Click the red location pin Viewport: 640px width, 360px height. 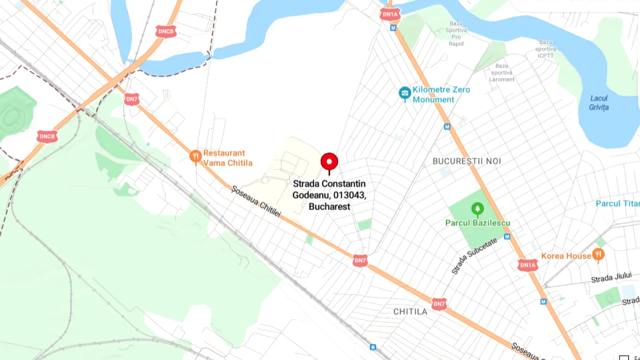(x=329, y=162)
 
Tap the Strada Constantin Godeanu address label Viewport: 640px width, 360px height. (x=329, y=195)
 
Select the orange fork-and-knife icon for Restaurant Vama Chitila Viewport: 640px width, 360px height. (x=195, y=157)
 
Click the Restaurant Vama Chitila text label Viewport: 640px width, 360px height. (x=227, y=158)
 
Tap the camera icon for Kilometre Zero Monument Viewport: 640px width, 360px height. (x=404, y=93)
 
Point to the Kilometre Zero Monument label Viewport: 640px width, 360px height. (x=441, y=94)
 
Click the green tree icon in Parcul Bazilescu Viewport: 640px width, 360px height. (x=477, y=208)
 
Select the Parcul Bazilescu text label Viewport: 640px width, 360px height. (x=477, y=223)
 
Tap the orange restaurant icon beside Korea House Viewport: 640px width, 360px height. (x=598, y=255)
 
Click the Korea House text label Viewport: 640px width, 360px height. (x=566, y=256)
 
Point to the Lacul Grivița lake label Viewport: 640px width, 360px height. (x=598, y=102)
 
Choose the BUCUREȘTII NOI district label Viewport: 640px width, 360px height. (x=466, y=161)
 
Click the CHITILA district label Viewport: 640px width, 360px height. (x=410, y=311)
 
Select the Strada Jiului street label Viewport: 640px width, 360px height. (x=611, y=277)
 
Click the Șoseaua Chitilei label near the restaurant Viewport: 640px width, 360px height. (x=256, y=201)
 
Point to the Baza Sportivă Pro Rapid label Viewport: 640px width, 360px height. (x=456, y=33)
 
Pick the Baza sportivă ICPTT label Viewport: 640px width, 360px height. (x=545, y=49)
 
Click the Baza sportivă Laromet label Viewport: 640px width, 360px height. (x=501, y=72)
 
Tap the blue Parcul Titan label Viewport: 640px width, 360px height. (x=617, y=203)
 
